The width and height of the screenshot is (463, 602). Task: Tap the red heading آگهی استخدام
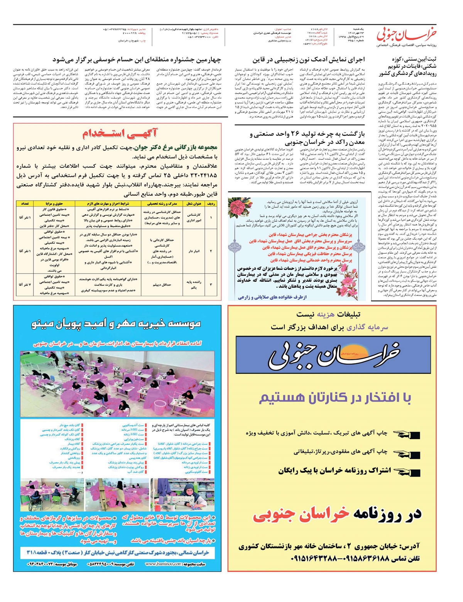click(x=120, y=134)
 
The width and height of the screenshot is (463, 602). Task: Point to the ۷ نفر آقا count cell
click(x=25, y=285)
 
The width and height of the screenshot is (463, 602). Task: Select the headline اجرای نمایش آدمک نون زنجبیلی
click(x=309, y=60)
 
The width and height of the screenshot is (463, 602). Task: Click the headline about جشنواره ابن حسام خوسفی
click(x=137, y=60)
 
